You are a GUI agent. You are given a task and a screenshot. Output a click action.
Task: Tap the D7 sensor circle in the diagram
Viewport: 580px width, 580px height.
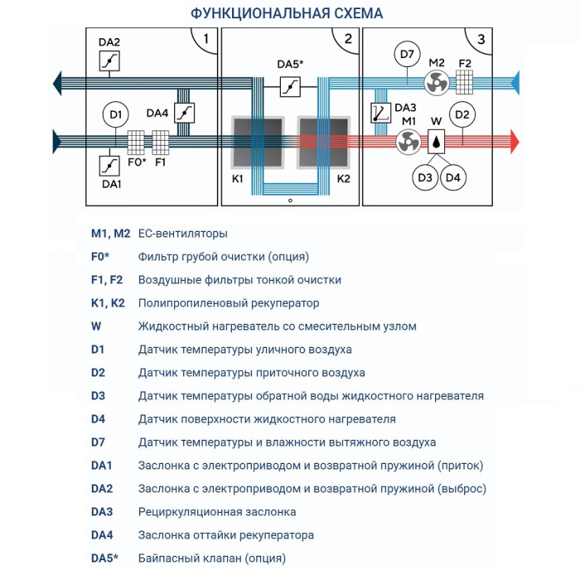pyautogui.click(x=406, y=56)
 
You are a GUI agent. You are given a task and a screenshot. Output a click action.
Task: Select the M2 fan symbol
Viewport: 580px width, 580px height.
pyautogui.click(x=436, y=81)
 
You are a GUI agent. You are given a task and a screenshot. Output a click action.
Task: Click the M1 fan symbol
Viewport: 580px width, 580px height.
pyautogui.click(x=407, y=143)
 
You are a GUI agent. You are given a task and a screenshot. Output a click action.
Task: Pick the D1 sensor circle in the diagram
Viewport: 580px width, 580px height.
pyautogui.click(x=116, y=114)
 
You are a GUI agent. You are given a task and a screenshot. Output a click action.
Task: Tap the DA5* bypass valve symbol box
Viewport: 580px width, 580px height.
pyautogui.click(x=289, y=86)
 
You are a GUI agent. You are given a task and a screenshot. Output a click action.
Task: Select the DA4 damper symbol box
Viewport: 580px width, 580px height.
pyautogui.click(x=187, y=114)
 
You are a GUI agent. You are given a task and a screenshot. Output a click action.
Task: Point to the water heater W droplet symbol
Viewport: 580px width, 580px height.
pyautogui.click(x=436, y=143)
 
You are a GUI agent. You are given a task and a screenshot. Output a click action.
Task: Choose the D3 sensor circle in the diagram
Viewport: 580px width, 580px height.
pyautogui.click(x=426, y=176)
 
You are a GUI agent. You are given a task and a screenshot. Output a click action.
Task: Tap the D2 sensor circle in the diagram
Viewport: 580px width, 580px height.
pyautogui.click(x=462, y=114)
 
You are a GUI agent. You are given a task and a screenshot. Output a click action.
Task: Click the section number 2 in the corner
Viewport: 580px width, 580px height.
pyautogui.click(x=348, y=38)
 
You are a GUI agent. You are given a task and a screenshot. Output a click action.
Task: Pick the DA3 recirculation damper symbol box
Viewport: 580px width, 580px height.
pyautogui.click(x=380, y=114)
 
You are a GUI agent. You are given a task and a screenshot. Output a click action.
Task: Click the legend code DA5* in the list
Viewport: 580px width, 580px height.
pyautogui.click(x=105, y=558)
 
